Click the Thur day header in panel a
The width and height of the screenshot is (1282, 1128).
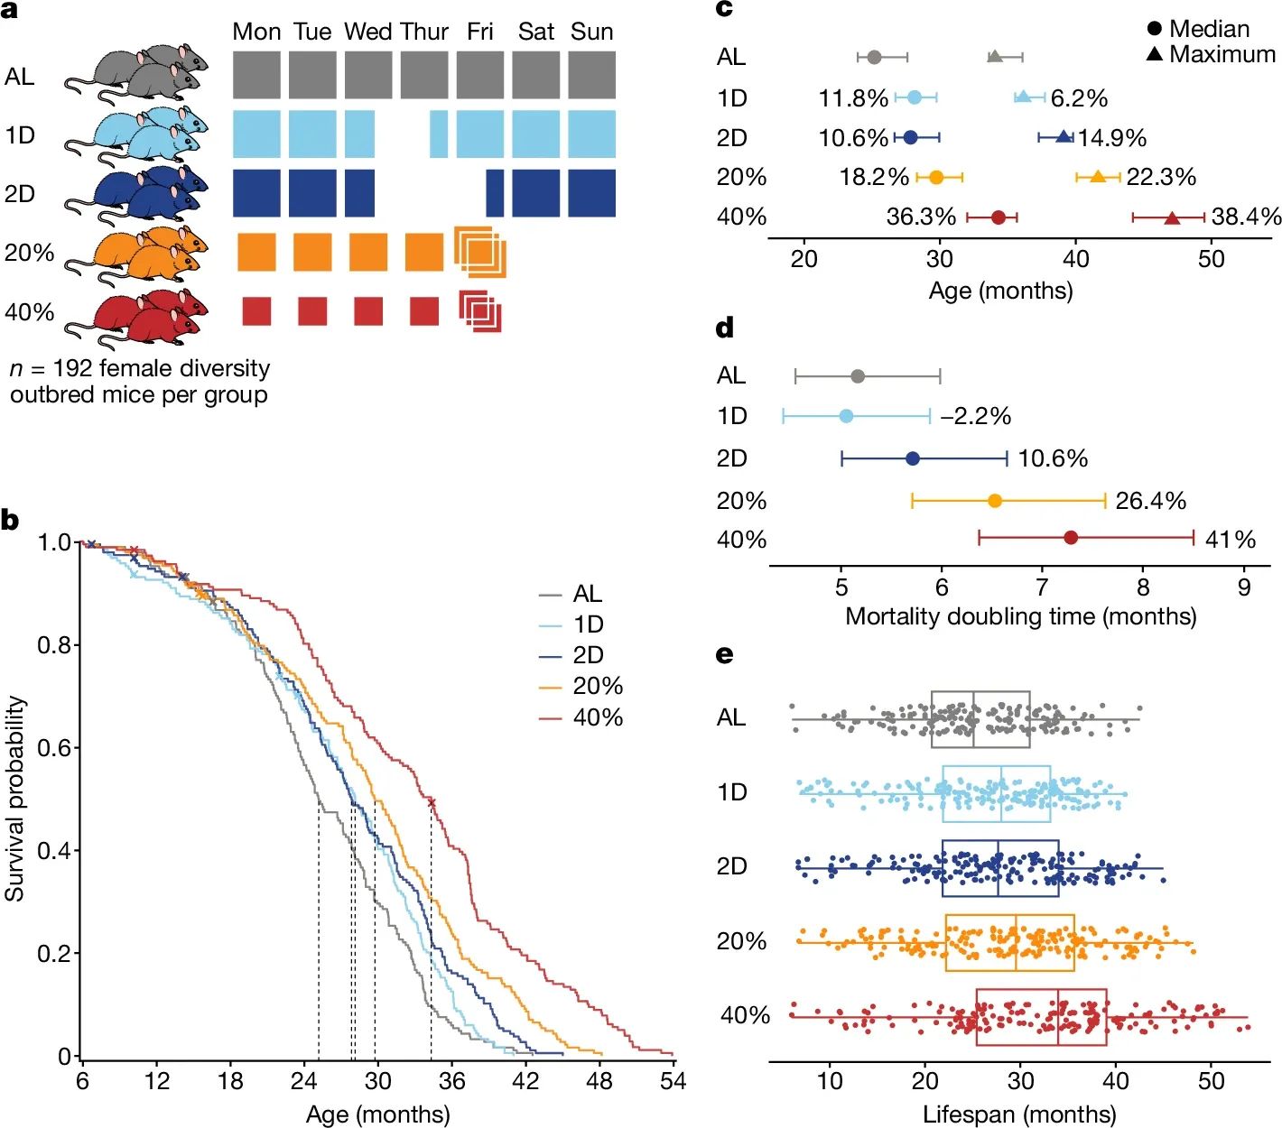tap(423, 32)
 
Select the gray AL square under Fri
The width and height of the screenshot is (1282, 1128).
tap(480, 75)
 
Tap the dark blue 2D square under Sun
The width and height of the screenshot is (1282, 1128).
tap(592, 193)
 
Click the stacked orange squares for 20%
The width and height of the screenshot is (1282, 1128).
tap(479, 252)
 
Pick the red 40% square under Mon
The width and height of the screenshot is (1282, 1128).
tap(256, 311)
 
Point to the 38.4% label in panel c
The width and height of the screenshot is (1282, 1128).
tap(1246, 217)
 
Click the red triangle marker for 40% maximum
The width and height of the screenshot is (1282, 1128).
tap(1172, 217)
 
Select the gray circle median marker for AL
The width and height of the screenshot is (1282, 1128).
tap(874, 57)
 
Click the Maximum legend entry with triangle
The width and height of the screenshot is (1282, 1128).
tap(1211, 54)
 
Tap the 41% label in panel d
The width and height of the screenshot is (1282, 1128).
tap(1231, 540)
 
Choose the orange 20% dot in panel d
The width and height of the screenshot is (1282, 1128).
tap(995, 501)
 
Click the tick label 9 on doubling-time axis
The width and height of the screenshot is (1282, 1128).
tap(1244, 587)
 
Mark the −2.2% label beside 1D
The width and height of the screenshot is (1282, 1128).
tap(975, 416)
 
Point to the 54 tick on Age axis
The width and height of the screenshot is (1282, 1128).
tap(673, 1081)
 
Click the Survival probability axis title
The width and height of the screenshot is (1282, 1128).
tap(15, 799)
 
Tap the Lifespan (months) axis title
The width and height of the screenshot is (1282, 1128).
tap(1019, 1114)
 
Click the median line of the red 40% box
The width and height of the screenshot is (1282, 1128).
tap(1058, 1017)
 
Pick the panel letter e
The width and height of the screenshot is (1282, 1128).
tap(724, 654)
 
